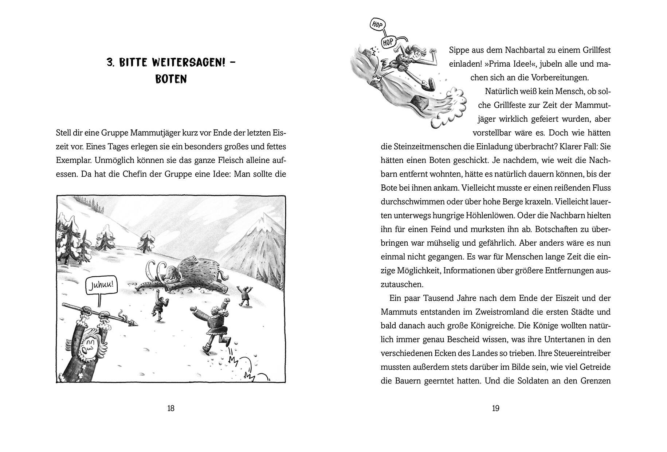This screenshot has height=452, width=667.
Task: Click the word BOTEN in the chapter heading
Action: point(171,79)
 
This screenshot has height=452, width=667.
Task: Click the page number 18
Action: point(170,408)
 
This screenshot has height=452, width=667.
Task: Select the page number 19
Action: point(495,408)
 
